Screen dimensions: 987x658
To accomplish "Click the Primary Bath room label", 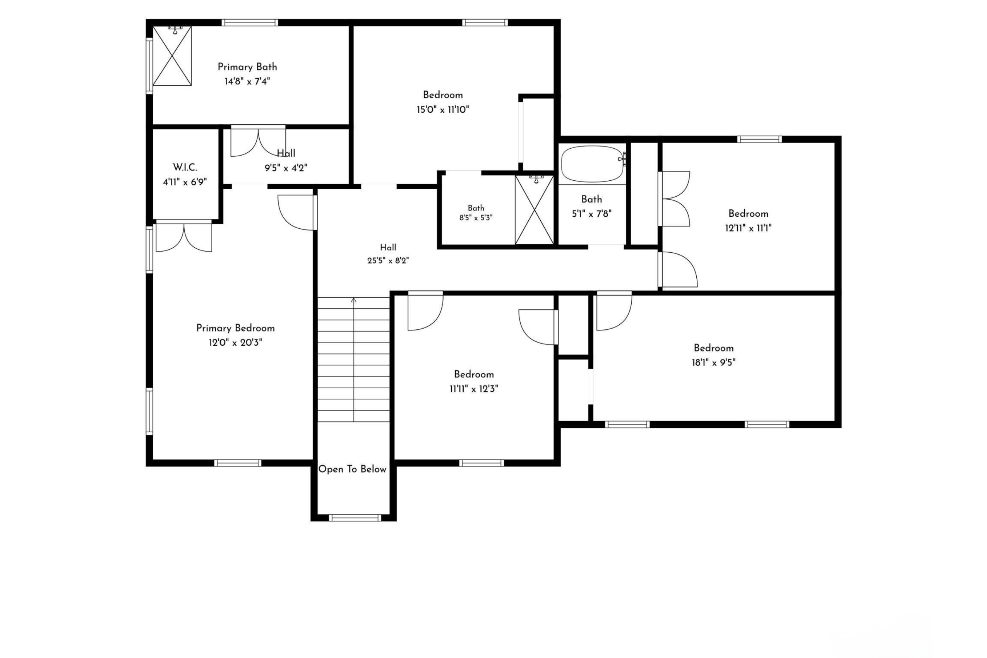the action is click(x=247, y=67).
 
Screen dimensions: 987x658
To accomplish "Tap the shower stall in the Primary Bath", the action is click(x=172, y=56).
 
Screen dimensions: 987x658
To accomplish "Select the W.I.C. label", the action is click(x=185, y=168).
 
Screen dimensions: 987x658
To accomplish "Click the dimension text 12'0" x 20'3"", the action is click(x=235, y=343).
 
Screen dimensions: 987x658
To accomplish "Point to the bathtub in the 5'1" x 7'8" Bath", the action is click(x=592, y=164).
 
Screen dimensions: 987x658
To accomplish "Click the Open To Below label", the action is click(x=352, y=469).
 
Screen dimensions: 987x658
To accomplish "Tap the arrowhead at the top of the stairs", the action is click(x=354, y=300).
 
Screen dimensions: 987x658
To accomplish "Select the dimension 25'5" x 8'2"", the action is click(x=388, y=260).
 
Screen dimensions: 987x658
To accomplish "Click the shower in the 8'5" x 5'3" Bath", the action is click(x=534, y=209).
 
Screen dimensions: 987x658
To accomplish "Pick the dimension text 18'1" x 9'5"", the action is click(x=714, y=362).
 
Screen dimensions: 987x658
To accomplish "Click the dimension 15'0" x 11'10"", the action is click(x=443, y=110).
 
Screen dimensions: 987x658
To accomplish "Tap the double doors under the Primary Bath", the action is click(x=258, y=141).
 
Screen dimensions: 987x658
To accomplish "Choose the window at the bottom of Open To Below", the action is click(x=355, y=518).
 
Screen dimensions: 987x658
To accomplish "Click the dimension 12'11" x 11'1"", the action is click(x=748, y=228).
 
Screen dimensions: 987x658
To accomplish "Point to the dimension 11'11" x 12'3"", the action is click(x=474, y=389).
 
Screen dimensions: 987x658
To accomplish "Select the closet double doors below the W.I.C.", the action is click(x=184, y=236).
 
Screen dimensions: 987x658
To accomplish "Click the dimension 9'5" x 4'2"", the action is click(x=286, y=168).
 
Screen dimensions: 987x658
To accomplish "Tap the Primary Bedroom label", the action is click(x=235, y=328).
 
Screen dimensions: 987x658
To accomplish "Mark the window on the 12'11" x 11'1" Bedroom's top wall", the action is click(x=759, y=139).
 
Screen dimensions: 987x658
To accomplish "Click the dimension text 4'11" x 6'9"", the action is click(x=185, y=182).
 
